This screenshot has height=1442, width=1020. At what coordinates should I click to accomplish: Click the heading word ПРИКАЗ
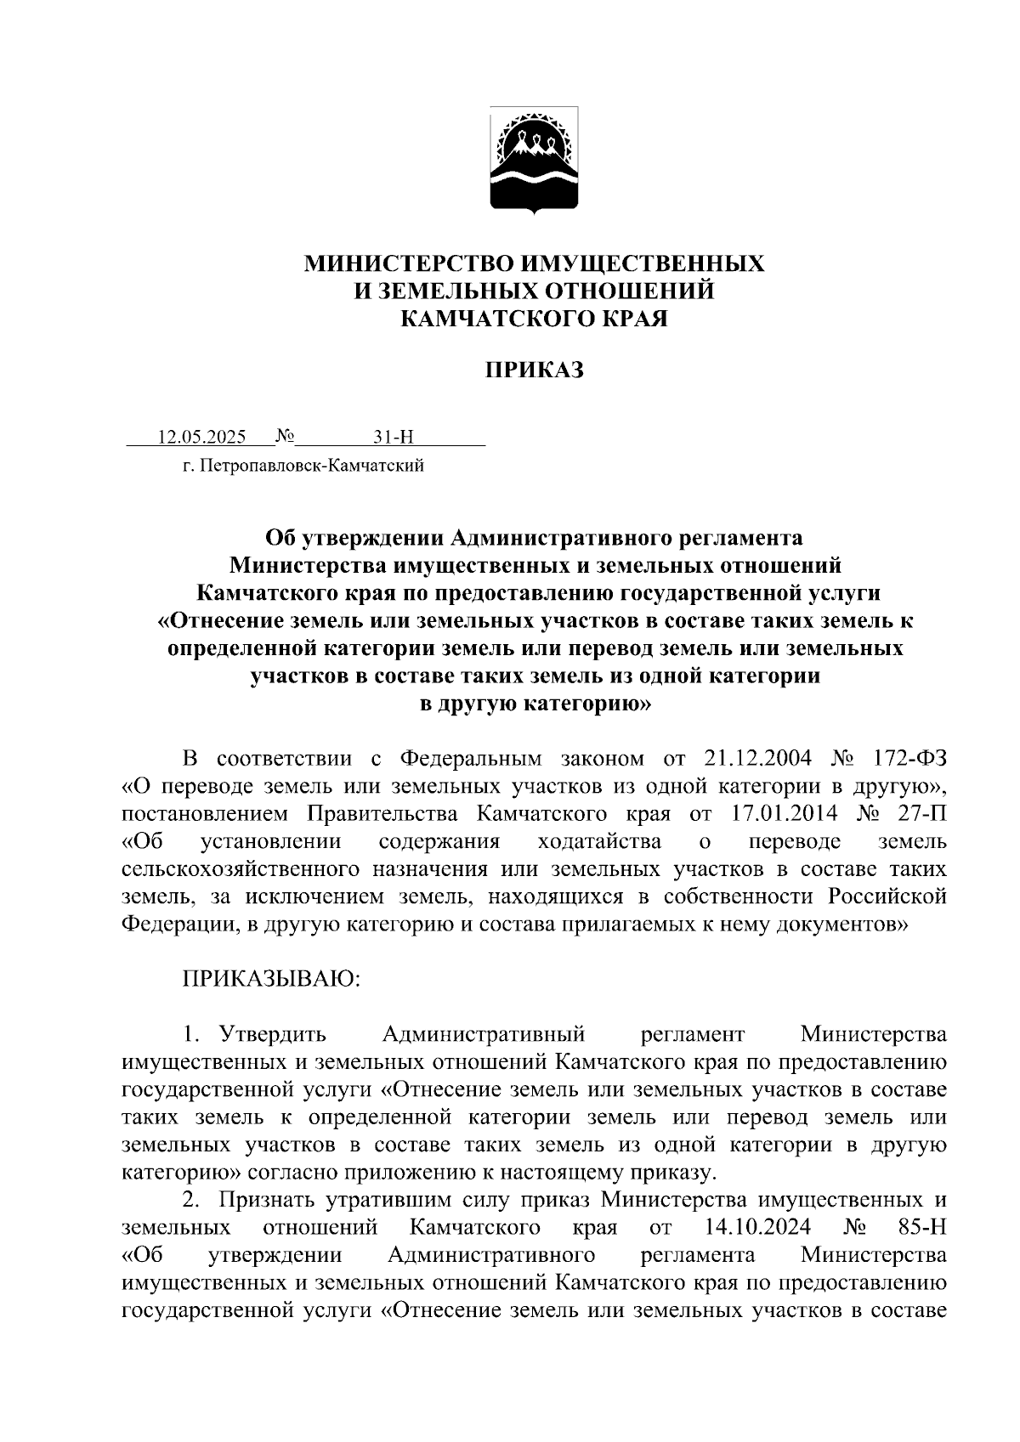coord(535,370)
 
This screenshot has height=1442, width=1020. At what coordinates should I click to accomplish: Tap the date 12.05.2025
coord(201,438)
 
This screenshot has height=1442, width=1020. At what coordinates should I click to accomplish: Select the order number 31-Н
coord(393,438)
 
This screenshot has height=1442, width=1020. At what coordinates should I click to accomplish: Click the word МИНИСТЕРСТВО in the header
coord(409,263)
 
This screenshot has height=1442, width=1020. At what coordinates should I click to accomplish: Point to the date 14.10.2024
coord(758,1228)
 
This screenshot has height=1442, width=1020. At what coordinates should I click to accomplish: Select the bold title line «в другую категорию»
coord(535,704)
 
